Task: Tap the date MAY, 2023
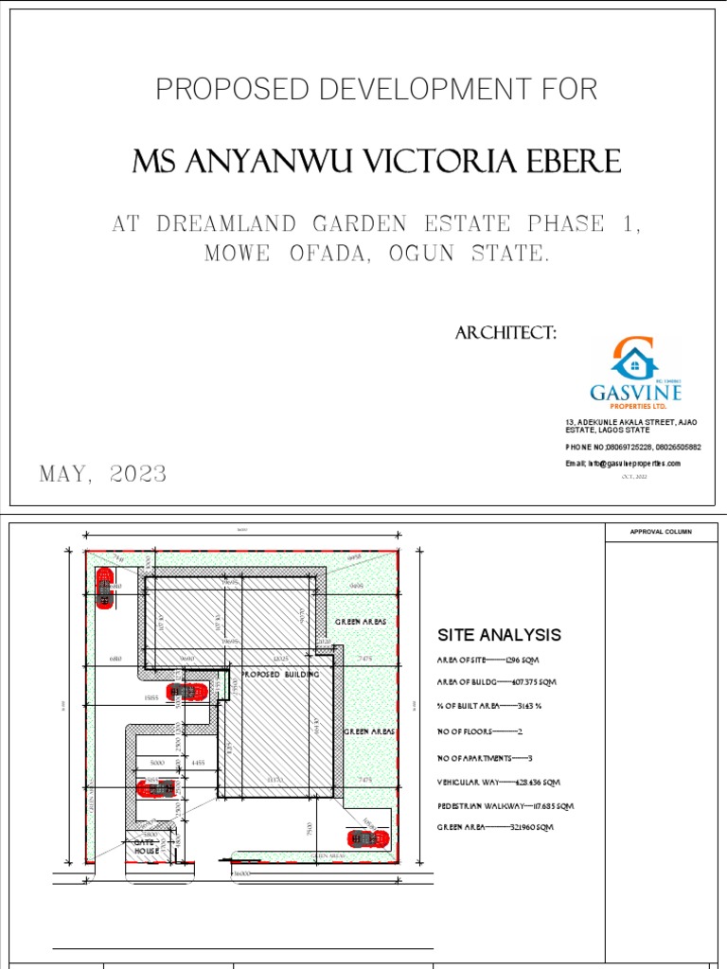103,474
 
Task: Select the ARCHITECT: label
505,332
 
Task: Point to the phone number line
633,447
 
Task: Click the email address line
623,464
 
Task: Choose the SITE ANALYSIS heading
499,635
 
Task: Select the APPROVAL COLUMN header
661,532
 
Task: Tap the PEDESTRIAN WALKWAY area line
505,806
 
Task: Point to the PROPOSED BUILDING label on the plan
281,676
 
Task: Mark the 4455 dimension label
199,763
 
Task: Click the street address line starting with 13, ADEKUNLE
632,422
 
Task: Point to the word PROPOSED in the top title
219,90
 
